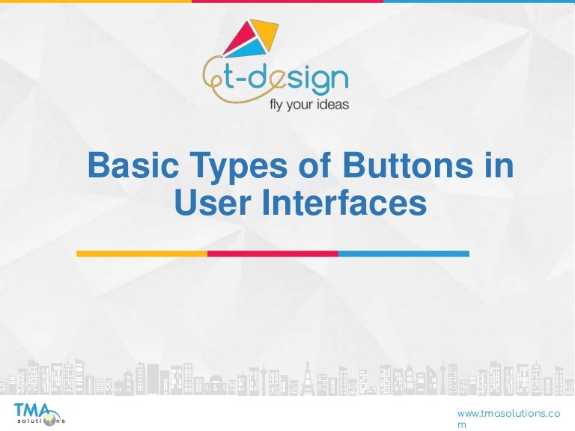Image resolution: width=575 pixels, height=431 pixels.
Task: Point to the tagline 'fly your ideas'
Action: coord(308,105)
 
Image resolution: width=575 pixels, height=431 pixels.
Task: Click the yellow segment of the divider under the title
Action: coord(142,254)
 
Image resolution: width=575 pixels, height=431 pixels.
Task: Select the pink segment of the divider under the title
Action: coord(273,254)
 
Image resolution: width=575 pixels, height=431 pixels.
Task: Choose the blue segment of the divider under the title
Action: coord(404,254)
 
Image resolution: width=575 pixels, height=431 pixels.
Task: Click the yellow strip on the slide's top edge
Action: coord(95,1)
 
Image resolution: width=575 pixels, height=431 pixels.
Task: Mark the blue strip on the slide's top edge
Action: coord(479,1)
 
